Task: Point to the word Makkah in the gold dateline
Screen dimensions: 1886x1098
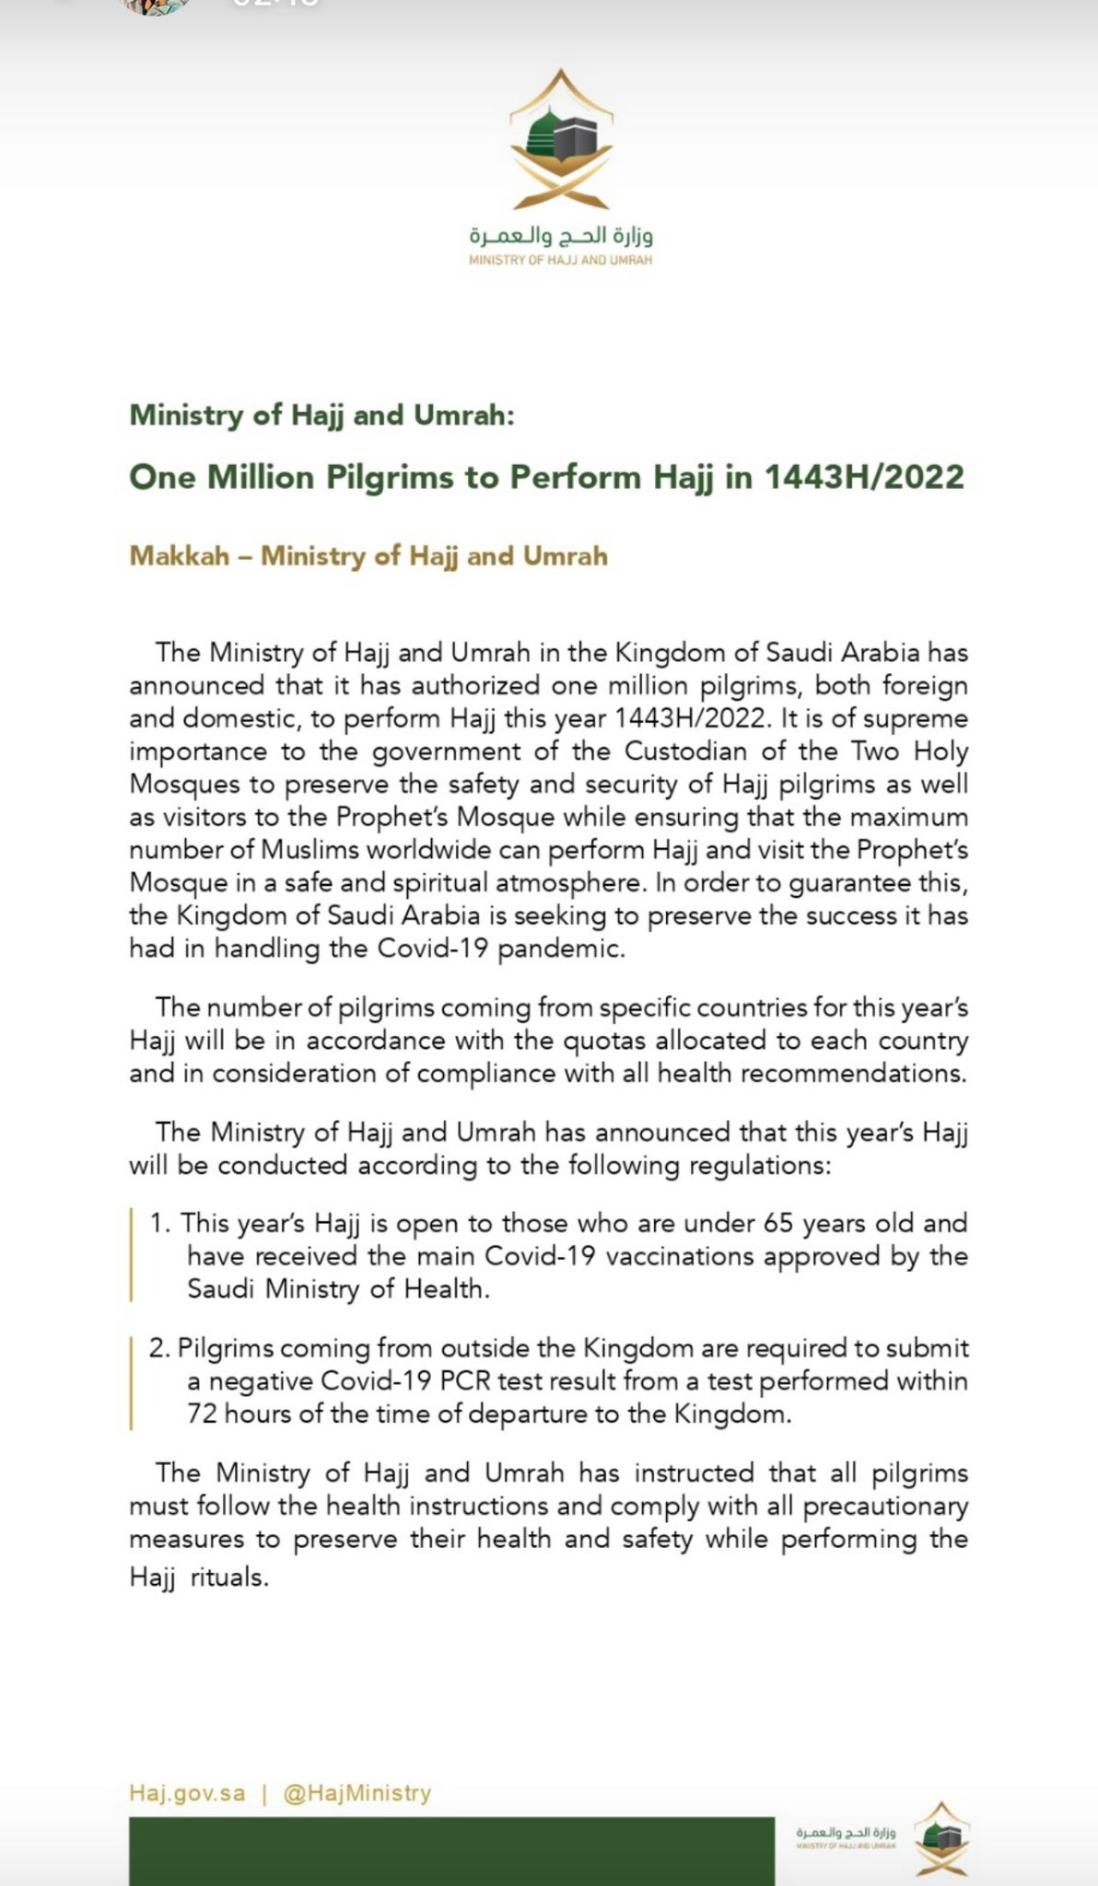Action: coord(179,556)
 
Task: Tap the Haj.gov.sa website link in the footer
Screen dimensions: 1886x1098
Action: coord(187,1793)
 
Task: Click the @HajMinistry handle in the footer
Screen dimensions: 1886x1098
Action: coord(356,1793)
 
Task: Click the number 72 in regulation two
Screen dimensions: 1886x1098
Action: coord(203,1414)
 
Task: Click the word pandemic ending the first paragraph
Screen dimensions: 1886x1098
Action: coord(561,949)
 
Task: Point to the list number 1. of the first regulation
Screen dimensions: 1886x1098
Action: coord(161,1224)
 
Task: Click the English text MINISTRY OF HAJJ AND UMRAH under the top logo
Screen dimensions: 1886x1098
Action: coord(560,261)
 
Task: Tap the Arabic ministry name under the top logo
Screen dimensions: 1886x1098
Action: coord(560,236)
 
